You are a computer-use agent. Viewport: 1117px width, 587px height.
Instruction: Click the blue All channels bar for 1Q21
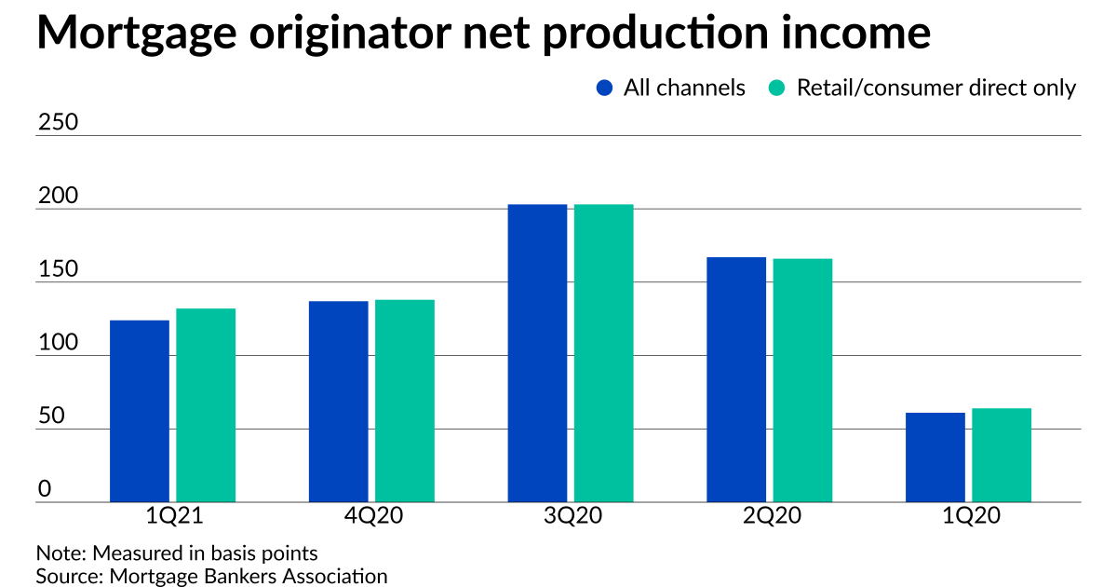[140, 411]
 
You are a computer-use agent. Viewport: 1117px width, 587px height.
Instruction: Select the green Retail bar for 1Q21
[206, 405]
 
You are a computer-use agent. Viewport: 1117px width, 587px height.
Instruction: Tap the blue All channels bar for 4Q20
[338, 402]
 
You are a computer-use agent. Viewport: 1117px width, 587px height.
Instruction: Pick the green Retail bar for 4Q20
[405, 401]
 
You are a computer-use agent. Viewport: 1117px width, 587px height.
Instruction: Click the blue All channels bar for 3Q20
[537, 353]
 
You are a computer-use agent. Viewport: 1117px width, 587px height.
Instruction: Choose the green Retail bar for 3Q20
[603, 353]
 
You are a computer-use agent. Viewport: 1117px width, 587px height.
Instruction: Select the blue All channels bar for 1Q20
[935, 457]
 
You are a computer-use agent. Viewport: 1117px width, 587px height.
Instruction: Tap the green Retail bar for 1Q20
[1002, 456]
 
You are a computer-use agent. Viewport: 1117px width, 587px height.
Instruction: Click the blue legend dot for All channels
[604, 89]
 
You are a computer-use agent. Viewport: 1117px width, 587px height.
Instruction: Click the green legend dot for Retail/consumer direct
[777, 89]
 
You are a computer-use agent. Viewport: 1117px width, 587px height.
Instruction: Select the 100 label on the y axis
[55, 344]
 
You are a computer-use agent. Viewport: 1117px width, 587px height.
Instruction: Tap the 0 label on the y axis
[43, 490]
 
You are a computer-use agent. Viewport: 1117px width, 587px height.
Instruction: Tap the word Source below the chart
[66, 576]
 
